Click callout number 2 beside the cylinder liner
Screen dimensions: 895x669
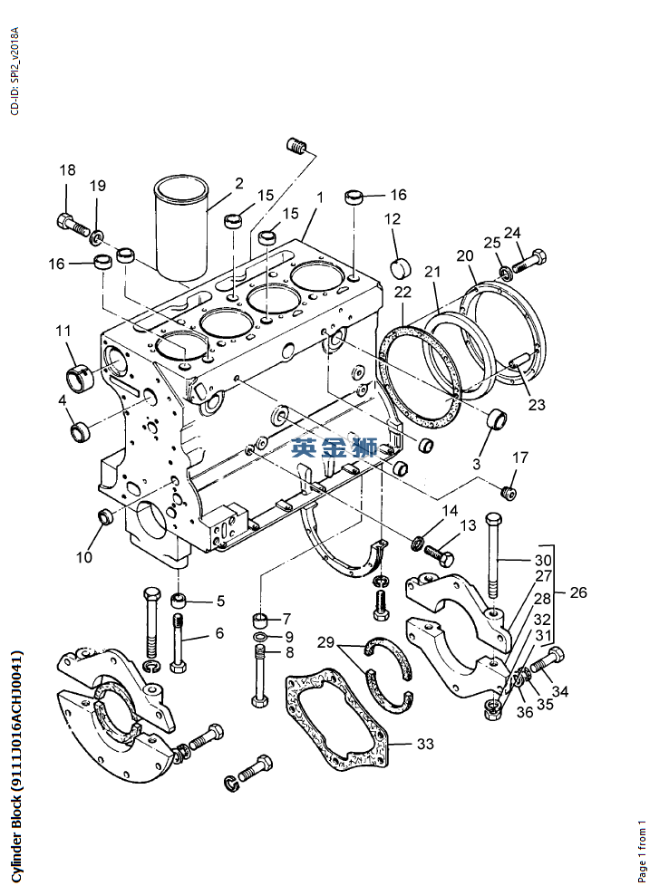coord(239,183)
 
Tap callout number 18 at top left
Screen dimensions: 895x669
coord(68,170)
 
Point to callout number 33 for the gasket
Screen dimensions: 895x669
coord(425,745)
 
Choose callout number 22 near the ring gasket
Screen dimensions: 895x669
coord(402,292)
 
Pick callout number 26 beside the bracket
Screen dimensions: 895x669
coord(578,593)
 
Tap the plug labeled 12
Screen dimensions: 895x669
coord(400,267)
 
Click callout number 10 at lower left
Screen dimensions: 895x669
coord(84,557)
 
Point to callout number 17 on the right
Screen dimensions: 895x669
coord(520,457)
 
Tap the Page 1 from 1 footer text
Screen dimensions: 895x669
coord(643,851)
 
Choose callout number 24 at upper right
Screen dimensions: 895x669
coord(513,233)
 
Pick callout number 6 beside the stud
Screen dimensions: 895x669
coord(218,633)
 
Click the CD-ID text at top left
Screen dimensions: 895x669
coord(14,72)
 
